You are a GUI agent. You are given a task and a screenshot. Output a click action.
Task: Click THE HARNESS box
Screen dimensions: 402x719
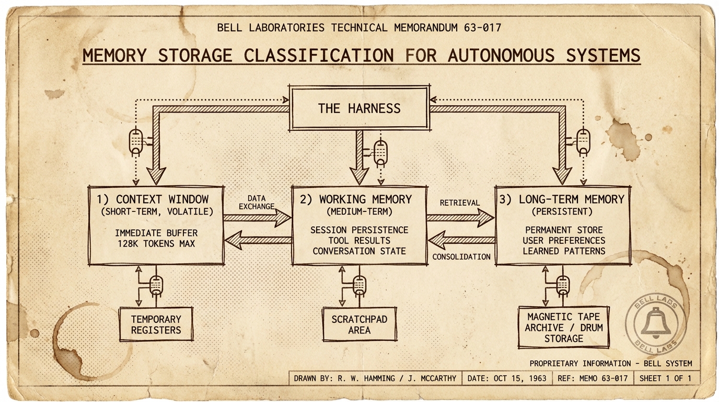(359, 108)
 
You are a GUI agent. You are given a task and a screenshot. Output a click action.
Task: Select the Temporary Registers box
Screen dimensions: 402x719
(156, 324)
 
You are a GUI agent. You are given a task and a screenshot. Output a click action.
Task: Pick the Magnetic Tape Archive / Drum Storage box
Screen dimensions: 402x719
(563, 328)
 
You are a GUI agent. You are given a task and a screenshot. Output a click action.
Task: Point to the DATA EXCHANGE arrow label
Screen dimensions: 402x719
(256, 202)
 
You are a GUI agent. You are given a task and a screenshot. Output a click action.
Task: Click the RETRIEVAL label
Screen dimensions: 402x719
(459, 203)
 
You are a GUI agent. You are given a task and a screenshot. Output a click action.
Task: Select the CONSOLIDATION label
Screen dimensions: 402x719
(461, 256)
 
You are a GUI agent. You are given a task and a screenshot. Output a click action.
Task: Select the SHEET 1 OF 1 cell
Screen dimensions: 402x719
(665, 378)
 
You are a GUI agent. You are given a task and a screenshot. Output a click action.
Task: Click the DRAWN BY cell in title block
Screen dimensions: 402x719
(375, 378)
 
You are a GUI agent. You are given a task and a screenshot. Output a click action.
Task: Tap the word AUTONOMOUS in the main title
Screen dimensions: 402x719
(501, 55)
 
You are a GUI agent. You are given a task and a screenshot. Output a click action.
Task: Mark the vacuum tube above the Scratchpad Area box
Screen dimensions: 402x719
(359, 285)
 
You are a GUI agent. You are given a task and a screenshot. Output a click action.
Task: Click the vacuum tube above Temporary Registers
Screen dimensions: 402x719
(156, 285)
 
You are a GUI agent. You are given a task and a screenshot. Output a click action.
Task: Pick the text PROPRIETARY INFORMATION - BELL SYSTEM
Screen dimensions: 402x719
(610, 363)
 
